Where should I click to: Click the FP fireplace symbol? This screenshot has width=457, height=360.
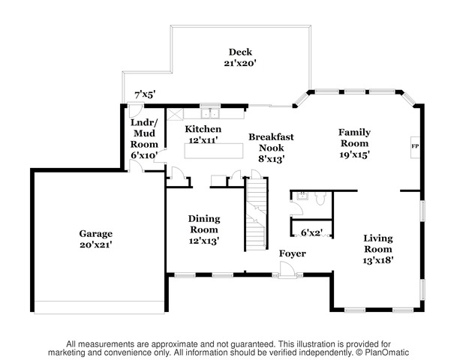415,147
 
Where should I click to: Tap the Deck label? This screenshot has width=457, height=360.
240,52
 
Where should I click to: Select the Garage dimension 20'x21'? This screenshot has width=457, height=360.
95,245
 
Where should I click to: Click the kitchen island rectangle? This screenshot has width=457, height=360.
214,151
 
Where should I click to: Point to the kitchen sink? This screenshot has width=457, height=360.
210,113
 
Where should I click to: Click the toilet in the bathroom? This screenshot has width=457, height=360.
320,198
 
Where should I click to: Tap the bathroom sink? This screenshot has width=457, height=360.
302,196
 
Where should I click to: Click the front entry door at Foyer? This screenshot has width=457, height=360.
287,270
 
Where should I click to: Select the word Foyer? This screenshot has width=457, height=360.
293,253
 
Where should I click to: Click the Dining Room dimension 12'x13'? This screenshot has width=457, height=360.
204,241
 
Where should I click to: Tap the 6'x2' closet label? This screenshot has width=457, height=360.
311,232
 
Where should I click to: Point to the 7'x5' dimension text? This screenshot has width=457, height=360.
145,94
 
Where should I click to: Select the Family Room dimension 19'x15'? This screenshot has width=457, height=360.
354,154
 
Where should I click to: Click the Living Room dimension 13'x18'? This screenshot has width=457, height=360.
378,260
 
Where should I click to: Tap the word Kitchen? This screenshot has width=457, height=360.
203,129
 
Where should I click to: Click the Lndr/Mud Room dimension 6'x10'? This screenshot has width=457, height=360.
145,155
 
